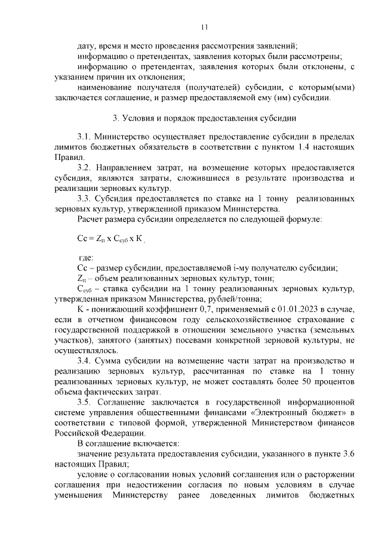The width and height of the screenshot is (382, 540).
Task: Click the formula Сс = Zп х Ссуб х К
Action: [x=107, y=237]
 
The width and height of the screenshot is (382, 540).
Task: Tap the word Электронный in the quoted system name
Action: [x=254, y=413]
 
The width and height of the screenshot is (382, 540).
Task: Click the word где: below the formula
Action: [x=85, y=257]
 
